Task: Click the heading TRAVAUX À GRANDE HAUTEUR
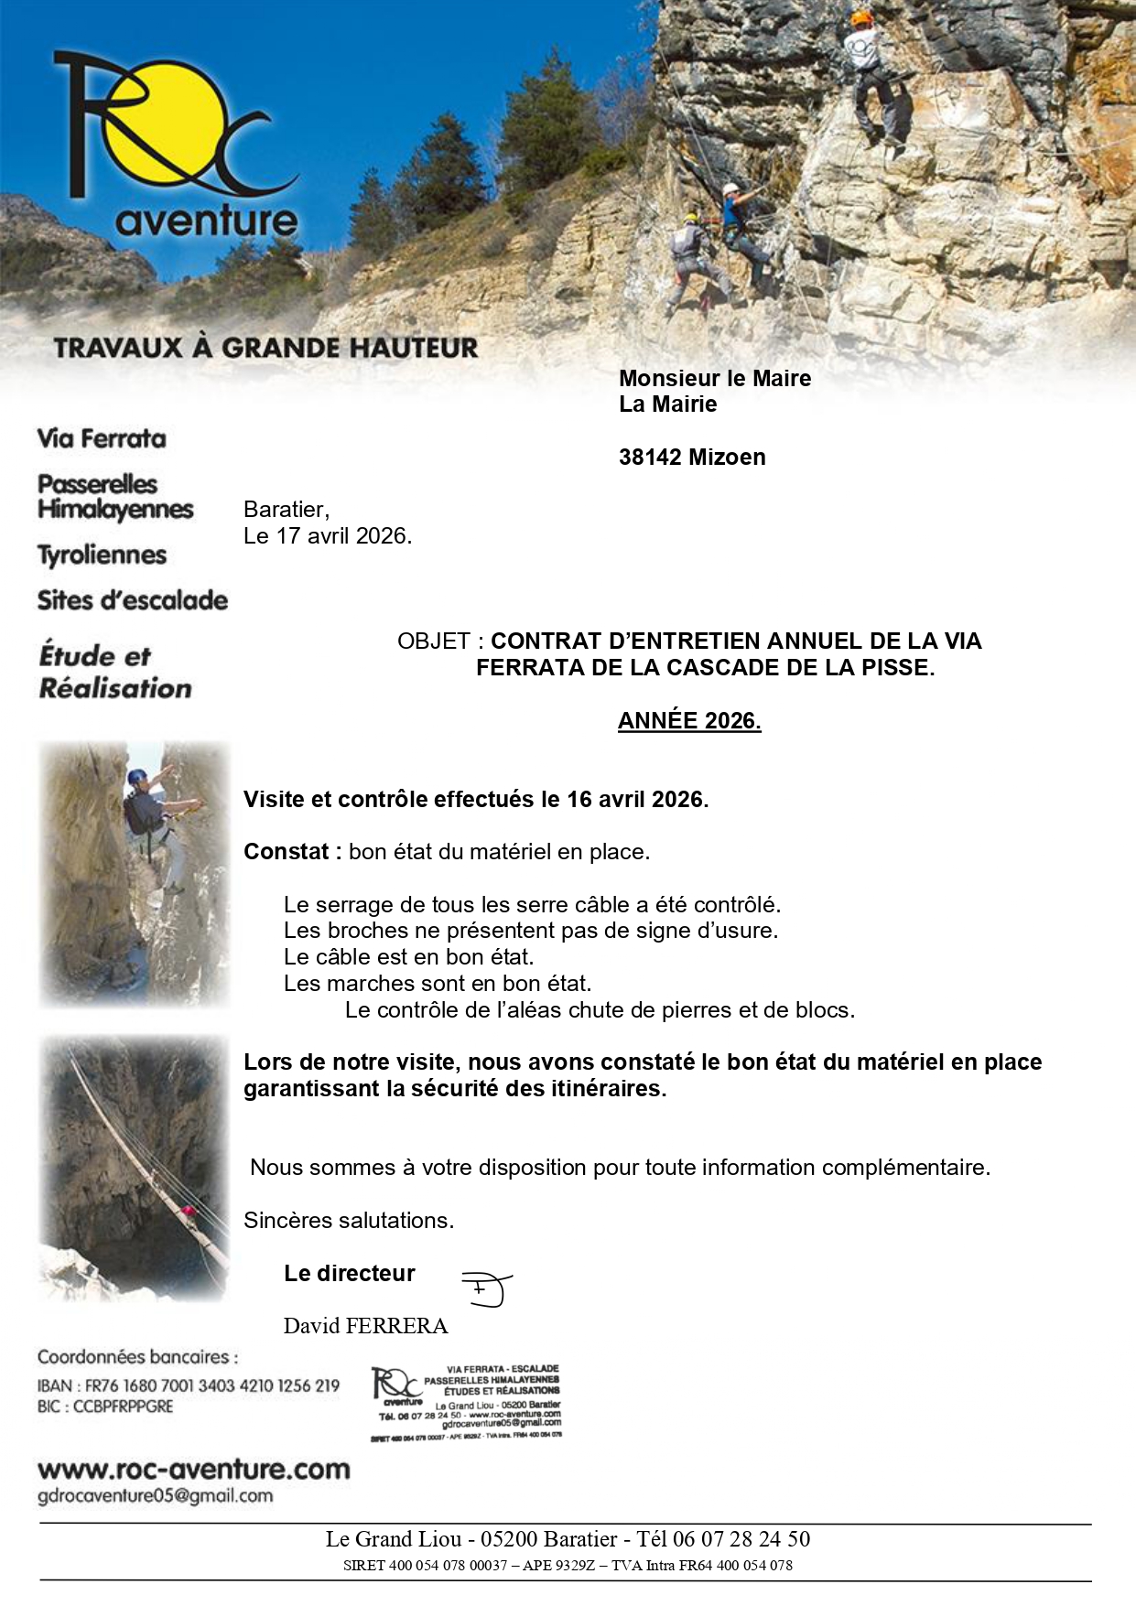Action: point(265,349)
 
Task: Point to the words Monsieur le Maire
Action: point(715,379)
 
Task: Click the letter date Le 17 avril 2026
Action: point(328,536)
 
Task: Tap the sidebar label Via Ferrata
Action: point(102,439)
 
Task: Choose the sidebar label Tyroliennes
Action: point(102,555)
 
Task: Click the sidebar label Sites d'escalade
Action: point(133,601)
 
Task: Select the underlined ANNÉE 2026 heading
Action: point(689,721)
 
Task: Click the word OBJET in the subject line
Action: point(434,641)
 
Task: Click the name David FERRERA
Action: point(365,1326)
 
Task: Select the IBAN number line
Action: point(189,1386)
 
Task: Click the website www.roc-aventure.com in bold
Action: point(193,1470)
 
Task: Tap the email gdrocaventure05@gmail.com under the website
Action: point(155,1496)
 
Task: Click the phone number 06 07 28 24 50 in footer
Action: point(741,1539)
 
